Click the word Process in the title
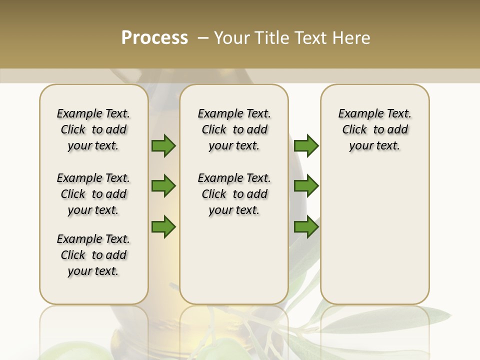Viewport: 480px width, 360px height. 154,37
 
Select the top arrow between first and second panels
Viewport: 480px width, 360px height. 163,146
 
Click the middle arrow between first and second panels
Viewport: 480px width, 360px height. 163,186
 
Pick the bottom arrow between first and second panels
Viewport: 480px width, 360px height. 163,227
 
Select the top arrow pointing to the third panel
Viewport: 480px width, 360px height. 306,146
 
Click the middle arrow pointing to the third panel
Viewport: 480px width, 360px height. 306,186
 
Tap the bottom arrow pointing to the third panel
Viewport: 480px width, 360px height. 306,227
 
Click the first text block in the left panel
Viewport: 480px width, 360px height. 93,129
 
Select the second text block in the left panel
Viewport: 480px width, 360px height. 93,194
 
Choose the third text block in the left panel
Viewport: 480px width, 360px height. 93,255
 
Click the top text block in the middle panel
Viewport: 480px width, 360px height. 234,129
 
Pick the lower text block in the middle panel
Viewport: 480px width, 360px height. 234,194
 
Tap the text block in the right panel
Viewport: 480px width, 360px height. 374,129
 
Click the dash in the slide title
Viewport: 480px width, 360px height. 203,37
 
